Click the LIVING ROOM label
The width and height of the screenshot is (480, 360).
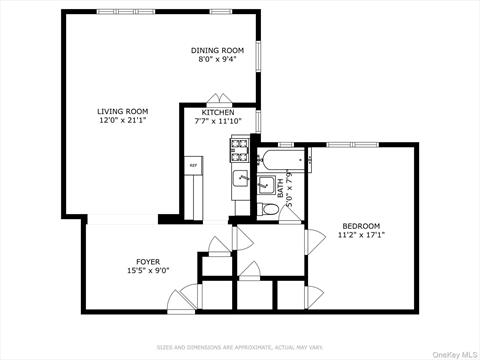point(122,111)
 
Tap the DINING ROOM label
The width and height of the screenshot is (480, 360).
point(217,50)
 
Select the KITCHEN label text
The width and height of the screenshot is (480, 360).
point(218,112)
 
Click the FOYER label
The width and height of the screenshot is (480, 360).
point(148,261)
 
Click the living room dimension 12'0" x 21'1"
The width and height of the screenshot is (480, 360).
point(122,121)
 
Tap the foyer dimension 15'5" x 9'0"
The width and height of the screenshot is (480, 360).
point(148,271)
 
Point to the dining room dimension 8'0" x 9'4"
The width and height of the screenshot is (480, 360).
point(217,60)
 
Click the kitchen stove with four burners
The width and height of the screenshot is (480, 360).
point(240,151)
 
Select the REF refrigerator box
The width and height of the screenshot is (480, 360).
point(193,164)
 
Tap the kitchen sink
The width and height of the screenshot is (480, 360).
point(241,178)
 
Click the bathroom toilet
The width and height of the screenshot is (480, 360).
point(267,210)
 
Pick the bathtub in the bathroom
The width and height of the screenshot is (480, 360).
point(280,157)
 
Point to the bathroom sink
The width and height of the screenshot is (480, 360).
point(265,185)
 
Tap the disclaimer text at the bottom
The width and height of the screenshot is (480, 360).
point(239,347)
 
